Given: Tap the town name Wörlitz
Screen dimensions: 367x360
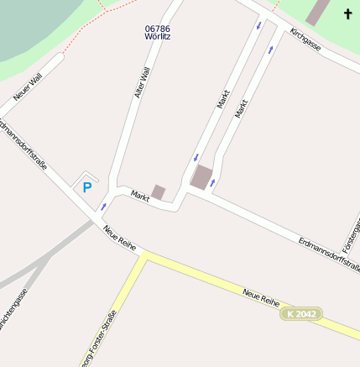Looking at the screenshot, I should [x=158, y=38].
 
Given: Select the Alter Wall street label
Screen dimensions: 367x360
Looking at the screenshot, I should [x=143, y=83].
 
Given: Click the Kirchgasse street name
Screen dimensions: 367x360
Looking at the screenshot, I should [x=305, y=39].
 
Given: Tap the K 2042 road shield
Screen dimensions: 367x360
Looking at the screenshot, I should [x=300, y=313].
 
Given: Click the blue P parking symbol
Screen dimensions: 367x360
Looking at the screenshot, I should [x=86, y=187].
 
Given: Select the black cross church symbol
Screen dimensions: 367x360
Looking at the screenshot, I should [x=348, y=13].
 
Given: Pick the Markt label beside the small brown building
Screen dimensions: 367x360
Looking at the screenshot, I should [x=140, y=196].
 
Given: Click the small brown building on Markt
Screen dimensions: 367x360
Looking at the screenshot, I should [x=159, y=192].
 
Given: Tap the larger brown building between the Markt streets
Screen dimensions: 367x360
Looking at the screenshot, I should [x=201, y=177].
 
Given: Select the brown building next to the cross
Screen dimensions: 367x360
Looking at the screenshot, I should [x=318, y=12].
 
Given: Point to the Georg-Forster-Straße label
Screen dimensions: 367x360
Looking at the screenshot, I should [x=97, y=340].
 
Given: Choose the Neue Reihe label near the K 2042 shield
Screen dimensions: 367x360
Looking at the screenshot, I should [x=260, y=296].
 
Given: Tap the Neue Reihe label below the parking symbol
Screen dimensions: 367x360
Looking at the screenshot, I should [x=120, y=238].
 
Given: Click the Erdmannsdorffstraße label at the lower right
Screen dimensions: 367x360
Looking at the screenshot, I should [x=329, y=254].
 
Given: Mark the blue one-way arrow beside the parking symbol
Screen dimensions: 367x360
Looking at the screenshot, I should [x=103, y=206].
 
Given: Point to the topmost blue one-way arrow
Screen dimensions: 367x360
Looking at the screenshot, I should [x=258, y=25].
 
